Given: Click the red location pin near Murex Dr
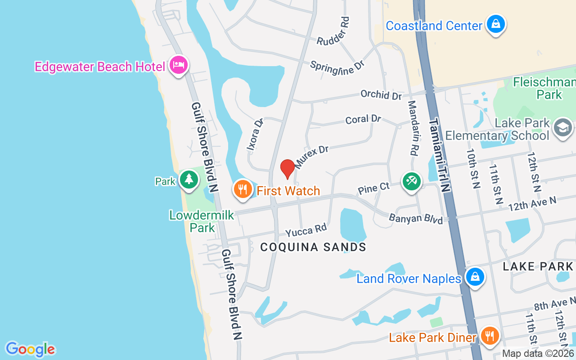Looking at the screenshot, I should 288,169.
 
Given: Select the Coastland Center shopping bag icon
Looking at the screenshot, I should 495,24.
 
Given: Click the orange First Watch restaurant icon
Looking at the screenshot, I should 243,189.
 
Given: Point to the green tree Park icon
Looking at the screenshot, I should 189,180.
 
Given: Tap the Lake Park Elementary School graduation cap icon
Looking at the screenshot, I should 562,128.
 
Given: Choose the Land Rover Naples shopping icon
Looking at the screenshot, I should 475,277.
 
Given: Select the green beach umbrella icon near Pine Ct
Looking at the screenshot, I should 412,182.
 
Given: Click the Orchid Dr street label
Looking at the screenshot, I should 381,95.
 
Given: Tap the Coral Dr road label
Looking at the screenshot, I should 363,120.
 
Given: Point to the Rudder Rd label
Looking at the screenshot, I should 333,31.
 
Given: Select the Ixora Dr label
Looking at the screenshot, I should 255,135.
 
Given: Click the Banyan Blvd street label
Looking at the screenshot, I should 416,219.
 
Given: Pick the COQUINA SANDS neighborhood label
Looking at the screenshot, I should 313,247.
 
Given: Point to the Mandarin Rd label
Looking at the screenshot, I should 414,128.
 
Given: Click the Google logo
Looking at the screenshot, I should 31,349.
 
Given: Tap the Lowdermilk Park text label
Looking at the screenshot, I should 202,221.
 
